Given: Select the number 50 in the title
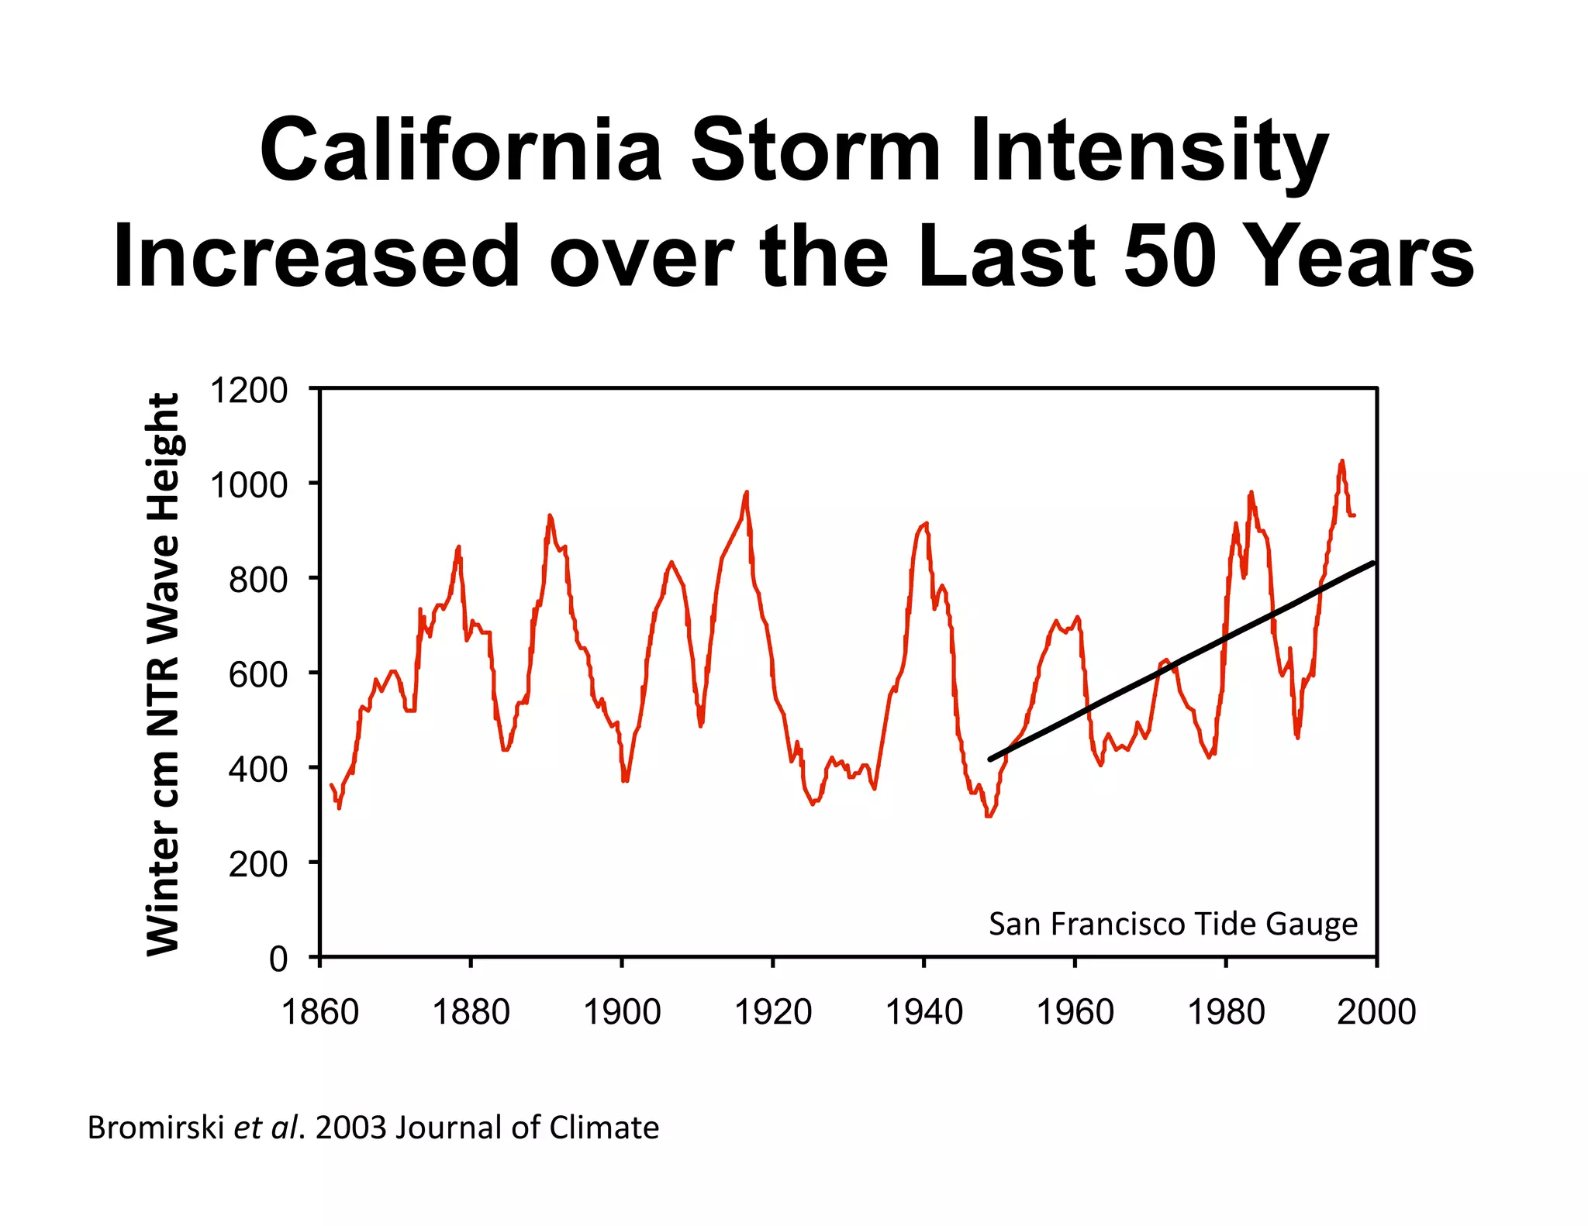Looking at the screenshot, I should coord(1169,256).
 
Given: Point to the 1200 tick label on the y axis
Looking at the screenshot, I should coord(249,391).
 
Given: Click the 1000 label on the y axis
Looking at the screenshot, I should coord(249,485).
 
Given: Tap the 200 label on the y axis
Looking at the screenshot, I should coord(257,864).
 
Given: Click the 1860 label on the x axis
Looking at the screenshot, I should coord(319,1012).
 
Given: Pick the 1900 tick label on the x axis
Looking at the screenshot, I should coord(621,1012).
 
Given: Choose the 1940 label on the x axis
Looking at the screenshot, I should coord(923,1012).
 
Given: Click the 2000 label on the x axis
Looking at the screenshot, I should coord(1376,1012).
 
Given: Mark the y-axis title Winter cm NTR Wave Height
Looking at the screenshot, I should coord(163,673).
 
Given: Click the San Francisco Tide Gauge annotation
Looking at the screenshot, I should coord(1172,924).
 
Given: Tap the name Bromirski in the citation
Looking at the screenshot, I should coord(155,1128).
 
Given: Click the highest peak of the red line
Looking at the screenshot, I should coord(1342,461).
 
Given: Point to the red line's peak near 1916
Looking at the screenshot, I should coord(746,492).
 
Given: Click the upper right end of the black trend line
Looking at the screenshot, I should coord(1373,563).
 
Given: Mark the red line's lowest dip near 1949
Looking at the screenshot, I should coord(989,815).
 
